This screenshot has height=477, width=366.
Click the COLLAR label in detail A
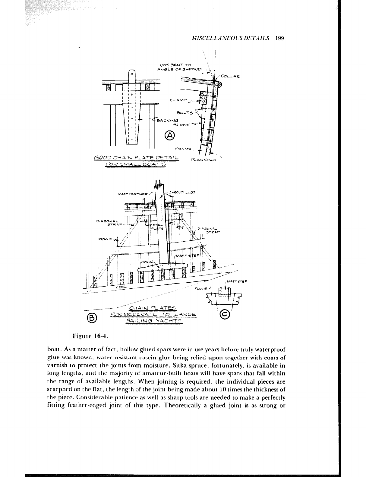point(231,77)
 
